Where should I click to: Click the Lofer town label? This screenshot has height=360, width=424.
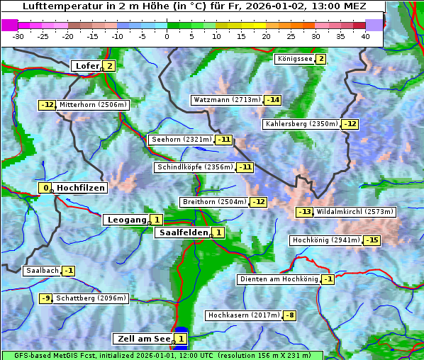87,66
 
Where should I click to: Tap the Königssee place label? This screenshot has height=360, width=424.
295,59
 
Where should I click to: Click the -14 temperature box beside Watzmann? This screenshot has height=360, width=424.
273,100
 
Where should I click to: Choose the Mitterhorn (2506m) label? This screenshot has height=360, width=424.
94,105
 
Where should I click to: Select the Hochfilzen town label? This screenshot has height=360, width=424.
81,188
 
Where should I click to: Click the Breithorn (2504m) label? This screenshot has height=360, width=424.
214,202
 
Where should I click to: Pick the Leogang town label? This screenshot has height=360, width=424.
126,220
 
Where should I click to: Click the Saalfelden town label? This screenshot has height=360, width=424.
184,232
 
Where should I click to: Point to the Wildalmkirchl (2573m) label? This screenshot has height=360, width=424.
355,212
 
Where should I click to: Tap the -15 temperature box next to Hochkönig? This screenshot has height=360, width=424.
372,240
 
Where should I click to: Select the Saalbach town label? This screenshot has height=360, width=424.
42,271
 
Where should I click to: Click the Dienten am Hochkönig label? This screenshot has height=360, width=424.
279,279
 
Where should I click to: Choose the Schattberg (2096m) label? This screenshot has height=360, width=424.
91,298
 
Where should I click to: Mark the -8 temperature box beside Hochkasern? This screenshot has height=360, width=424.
290,315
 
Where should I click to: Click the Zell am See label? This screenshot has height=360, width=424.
143,339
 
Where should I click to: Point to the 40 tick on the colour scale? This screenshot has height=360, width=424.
364,36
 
